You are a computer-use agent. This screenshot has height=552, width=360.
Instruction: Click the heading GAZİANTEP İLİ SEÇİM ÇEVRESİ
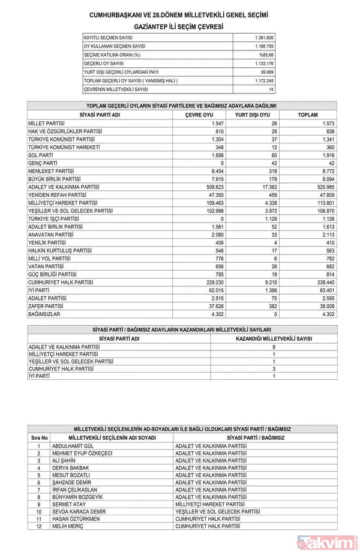point(178,27)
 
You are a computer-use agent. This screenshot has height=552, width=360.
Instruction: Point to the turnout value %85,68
point(266,55)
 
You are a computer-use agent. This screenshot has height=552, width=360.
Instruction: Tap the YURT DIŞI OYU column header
point(252,115)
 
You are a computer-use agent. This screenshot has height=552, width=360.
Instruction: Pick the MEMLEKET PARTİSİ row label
point(51,170)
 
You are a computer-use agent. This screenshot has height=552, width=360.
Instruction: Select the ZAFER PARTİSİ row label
point(46,305)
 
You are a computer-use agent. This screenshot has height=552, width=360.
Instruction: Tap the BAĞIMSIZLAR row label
point(44,313)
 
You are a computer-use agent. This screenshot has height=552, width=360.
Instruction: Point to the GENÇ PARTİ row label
point(43,163)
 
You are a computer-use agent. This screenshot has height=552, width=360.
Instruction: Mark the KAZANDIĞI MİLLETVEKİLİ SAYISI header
point(274,338)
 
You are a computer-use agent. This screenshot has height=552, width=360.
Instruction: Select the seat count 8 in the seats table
point(274,347)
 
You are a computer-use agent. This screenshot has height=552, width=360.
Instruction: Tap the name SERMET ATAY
point(67,504)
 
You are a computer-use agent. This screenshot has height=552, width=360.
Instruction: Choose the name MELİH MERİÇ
point(67,526)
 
